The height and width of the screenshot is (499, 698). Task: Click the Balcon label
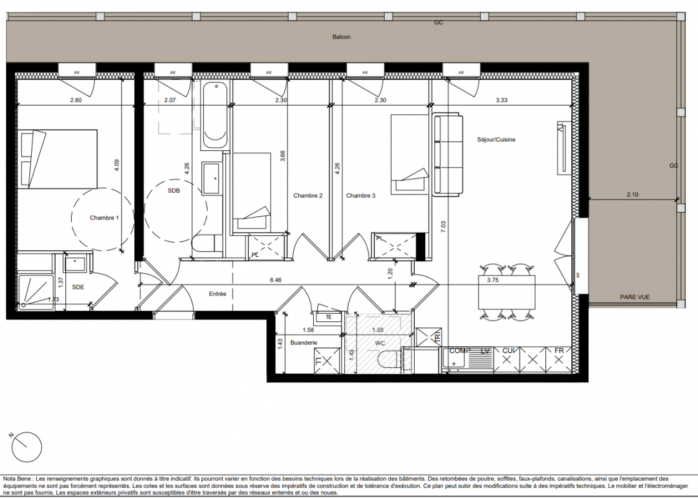pos(341,37)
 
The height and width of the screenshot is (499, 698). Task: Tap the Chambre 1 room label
pos(104,218)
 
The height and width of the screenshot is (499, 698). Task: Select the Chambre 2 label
pos(308,195)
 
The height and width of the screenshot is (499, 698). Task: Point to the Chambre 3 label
pos(361,195)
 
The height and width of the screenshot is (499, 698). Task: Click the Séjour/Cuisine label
pos(496,139)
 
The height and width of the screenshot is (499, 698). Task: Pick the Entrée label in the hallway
pos(218,294)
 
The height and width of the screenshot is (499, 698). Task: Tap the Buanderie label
pos(304,343)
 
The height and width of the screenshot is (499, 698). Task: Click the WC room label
pos(380,343)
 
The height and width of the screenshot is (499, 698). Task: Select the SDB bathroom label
pos(174,190)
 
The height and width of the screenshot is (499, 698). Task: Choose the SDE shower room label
pos(78,287)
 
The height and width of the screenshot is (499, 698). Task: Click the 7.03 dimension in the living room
pos(443,228)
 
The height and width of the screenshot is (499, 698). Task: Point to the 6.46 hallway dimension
pos(276,281)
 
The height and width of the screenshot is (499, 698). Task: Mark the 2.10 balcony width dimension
pos(632,195)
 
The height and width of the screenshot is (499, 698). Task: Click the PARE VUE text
pos(635,297)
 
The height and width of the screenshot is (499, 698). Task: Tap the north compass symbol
pos(27,447)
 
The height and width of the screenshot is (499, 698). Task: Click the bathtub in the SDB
pos(215,116)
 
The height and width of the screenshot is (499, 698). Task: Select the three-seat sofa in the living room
pos(447,155)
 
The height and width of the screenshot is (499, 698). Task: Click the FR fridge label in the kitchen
pos(559,351)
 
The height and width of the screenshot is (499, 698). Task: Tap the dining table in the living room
pos(507,292)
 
